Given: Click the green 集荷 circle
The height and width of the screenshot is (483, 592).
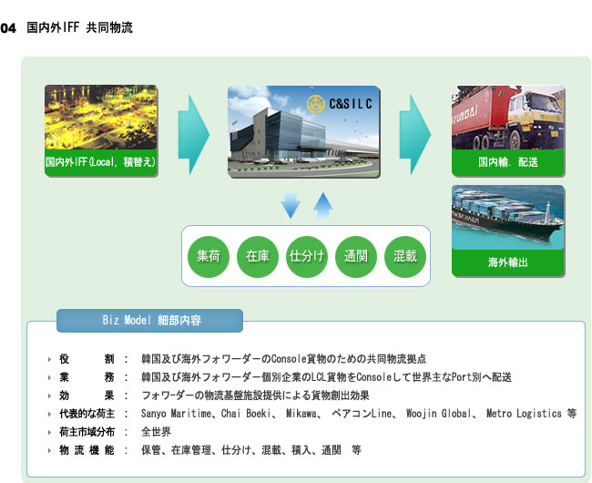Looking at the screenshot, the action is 209,257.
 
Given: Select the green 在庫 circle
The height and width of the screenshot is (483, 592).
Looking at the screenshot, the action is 258,257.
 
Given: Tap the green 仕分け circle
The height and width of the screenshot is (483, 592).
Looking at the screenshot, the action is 307,257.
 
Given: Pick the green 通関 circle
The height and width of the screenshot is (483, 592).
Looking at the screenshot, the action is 355,257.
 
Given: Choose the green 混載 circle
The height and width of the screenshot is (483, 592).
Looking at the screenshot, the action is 405,257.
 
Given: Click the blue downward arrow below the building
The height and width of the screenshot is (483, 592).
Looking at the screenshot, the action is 291,205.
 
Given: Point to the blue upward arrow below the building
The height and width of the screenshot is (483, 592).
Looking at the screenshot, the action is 323,205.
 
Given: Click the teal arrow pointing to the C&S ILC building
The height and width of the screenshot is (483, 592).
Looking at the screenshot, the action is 194,135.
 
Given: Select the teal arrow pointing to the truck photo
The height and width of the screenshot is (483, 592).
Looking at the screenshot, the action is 415,135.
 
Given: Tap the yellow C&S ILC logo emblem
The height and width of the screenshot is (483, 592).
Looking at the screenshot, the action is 316,104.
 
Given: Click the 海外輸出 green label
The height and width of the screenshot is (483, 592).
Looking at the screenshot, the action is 508,262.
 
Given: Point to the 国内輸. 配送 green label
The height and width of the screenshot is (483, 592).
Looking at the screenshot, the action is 508,162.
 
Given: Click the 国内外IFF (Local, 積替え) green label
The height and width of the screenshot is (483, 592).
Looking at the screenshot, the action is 101,162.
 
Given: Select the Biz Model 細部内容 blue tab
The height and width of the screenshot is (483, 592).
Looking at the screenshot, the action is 150,321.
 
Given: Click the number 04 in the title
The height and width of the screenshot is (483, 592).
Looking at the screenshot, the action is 8,28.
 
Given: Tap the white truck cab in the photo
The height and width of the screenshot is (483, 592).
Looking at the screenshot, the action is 533,117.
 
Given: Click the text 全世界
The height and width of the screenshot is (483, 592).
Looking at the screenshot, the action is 157,432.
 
